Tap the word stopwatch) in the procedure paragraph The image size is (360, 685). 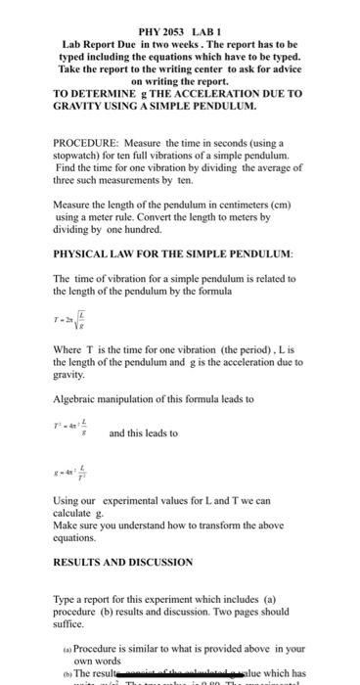(80, 155)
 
